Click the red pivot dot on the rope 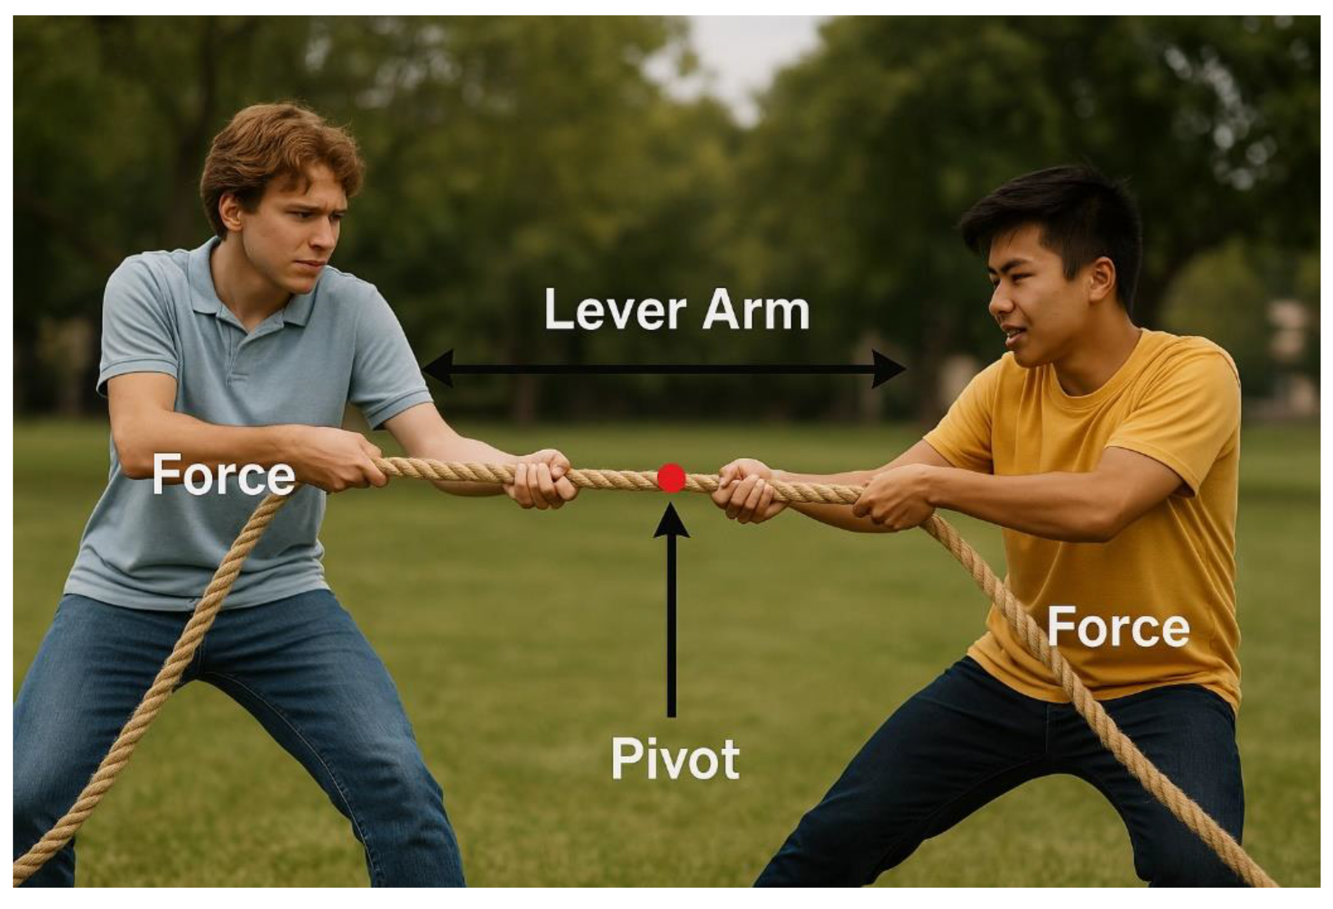pyautogui.click(x=671, y=478)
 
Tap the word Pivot pyautogui.click(x=675, y=758)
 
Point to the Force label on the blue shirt pyautogui.click(x=224, y=474)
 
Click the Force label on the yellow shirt pyautogui.click(x=1118, y=627)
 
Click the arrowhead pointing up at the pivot pyautogui.click(x=671, y=522)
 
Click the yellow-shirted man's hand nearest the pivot pyautogui.click(x=746, y=490)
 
